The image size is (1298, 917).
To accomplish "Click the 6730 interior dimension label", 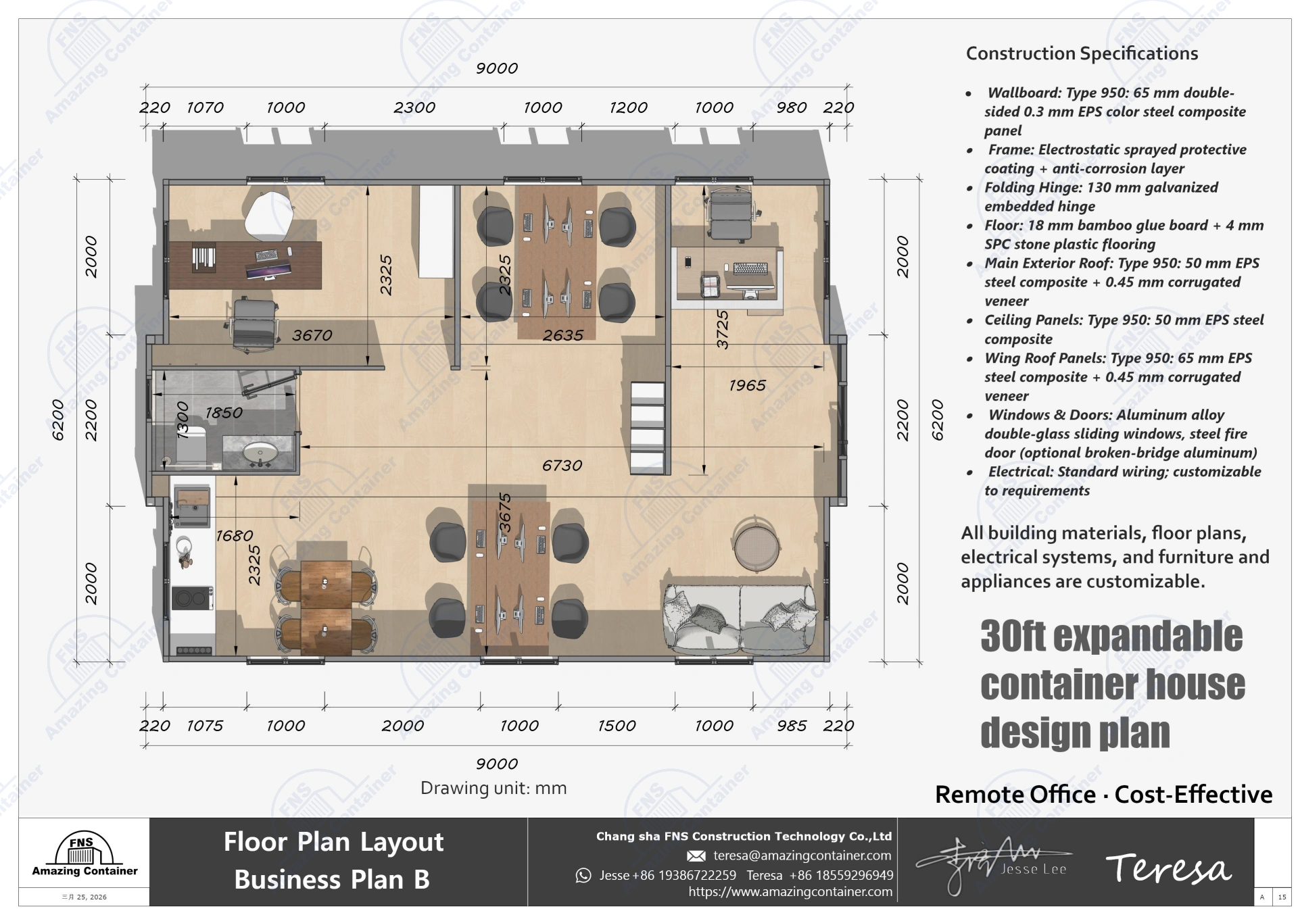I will point(562,466).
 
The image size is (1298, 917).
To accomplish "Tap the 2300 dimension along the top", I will point(414,107).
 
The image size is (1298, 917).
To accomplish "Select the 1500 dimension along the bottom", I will point(617,726).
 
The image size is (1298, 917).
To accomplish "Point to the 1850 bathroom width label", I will point(223,413).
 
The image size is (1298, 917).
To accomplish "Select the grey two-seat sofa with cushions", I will point(740,618).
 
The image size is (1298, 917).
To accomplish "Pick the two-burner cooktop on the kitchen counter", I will point(193,598).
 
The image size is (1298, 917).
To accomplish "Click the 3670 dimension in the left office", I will point(312,335).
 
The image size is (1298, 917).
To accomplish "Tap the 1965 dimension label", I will point(747,385).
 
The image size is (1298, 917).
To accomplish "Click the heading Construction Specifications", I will point(1082,53).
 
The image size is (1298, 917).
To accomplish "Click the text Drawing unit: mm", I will point(494,788).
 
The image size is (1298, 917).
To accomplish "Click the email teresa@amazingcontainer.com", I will point(802,856).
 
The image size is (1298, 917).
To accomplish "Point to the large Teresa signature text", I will point(1168,868).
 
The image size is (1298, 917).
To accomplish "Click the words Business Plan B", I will point(332,879).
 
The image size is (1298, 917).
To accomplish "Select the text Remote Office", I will point(1015,795).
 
